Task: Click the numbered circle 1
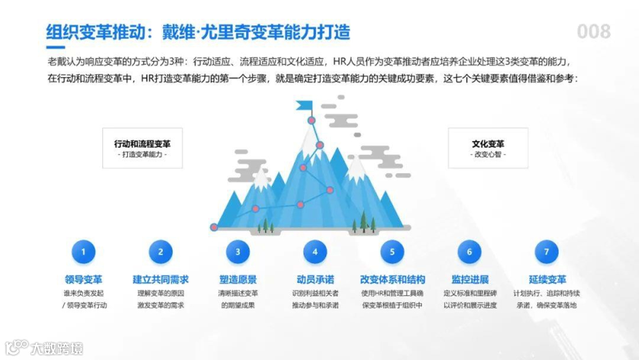click(83, 252)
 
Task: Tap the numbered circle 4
click(315, 252)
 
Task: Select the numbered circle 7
click(547, 252)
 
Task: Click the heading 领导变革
click(83, 279)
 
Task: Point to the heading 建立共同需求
click(160, 279)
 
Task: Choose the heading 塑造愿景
click(238, 279)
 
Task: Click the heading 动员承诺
click(315, 279)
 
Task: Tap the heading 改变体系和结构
click(392, 279)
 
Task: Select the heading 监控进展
click(470, 279)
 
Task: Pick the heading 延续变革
click(547, 279)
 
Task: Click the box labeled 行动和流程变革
click(143, 148)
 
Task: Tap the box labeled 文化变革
click(488, 148)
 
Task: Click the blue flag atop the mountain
click(305, 106)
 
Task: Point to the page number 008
click(593, 31)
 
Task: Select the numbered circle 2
click(160, 252)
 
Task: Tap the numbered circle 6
click(470, 252)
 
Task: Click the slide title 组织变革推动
click(94, 31)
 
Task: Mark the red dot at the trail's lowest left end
click(214, 227)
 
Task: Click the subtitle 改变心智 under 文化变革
click(488, 155)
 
